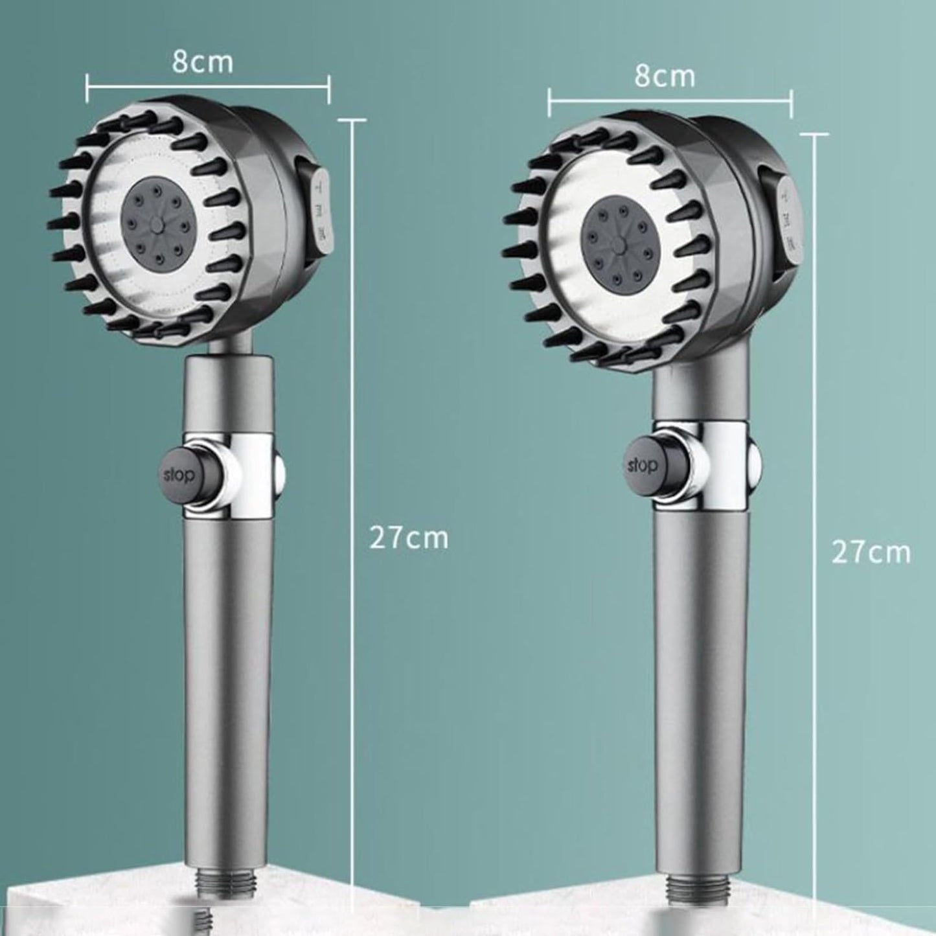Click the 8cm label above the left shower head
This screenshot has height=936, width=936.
pos(202,62)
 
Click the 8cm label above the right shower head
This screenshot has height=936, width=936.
pos(664,76)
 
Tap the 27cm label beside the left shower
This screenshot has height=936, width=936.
pos(409,538)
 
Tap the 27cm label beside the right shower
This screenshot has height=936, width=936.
pos(871,552)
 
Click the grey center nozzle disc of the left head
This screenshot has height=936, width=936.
pos(156,225)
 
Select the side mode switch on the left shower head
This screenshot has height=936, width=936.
pos(320,218)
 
